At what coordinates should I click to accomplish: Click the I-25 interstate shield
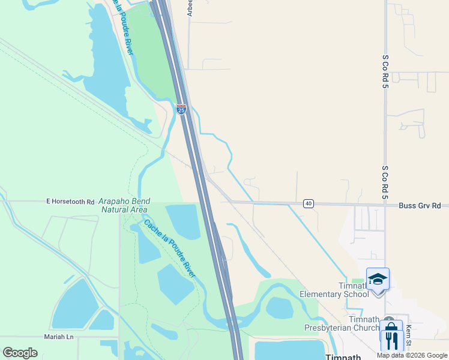click(181, 109)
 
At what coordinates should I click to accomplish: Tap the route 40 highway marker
click(308, 203)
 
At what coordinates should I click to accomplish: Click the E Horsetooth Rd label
click(71, 202)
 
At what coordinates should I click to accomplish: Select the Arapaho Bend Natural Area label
click(124, 205)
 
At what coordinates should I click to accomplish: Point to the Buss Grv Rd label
click(420, 206)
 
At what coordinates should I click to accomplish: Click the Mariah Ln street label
click(58, 337)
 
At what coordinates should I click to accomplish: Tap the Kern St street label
click(408, 335)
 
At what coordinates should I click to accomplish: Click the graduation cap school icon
click(378, 279)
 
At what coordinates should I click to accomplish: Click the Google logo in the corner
click(20, 353)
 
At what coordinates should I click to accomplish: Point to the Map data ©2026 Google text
click(411, 355)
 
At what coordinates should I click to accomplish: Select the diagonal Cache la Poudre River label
click(169, 248)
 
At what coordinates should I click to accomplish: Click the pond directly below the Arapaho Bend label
click(183, 221)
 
